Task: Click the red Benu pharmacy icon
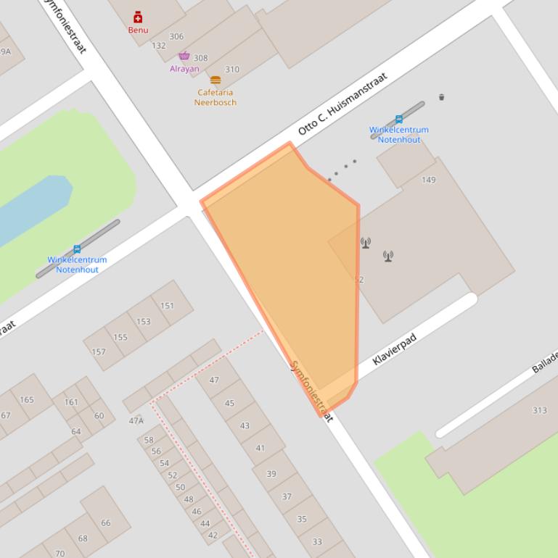[x=138, y=17]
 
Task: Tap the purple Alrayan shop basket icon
[x=184, y=57]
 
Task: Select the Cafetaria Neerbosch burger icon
[x=216, y=80]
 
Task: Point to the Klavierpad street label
[x=395, y=349]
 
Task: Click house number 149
[x=429, y=180]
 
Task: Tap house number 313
[x=539, y=410]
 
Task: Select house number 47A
[x=136, y=420]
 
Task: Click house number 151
[x=168, y=306]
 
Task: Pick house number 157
[x=98, y=352]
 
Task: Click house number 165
[x=27, y=399]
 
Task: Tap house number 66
[x=106, y=522]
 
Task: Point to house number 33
[x=317, y=541]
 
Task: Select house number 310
[x=232, y=70]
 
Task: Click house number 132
[x=159, y=46]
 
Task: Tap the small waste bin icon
[x=441, y=96]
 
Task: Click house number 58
[x=149, y=440]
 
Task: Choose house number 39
[x=271, y=474]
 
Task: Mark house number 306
[x=176, y=36]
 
